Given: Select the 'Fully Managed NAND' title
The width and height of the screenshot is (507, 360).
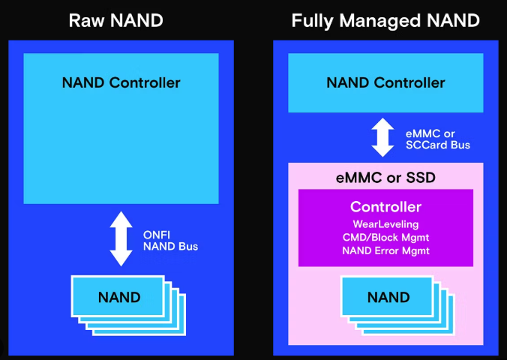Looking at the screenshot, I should (385, 20).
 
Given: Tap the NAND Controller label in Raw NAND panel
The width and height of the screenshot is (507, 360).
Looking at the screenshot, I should (121, 82).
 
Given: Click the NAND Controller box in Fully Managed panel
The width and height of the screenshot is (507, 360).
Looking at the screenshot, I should (385, 82).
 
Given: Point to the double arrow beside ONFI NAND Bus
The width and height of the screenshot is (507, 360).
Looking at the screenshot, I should (121, 239).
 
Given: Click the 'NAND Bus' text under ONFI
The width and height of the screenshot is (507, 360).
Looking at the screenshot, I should (169, 246).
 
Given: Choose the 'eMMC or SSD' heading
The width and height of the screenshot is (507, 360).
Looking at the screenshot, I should (385, 179).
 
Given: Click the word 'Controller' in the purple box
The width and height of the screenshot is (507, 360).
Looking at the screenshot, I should (385, 206).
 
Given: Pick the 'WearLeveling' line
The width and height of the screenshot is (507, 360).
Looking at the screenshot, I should (385, 224).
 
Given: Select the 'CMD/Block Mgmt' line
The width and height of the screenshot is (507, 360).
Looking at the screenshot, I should (385, 238).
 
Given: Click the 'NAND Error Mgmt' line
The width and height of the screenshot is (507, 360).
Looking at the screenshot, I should (385, 251).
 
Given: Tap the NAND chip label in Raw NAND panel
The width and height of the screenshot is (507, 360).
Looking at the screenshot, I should (118, 298).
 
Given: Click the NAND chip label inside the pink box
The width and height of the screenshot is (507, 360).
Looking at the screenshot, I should (388, 298).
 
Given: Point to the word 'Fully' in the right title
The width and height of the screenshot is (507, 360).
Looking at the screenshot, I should (312, 20).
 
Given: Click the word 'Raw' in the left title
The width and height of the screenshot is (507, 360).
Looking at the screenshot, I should (85, 20).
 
